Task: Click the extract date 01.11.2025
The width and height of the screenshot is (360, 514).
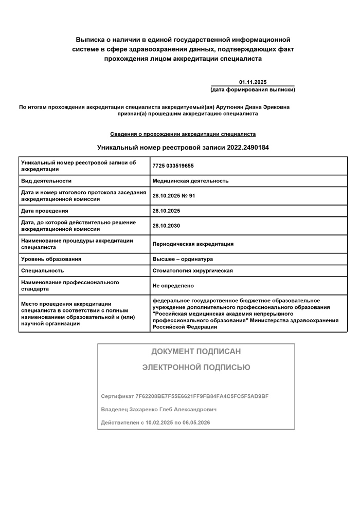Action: click(253, 82)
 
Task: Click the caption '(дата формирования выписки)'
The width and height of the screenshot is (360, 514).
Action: click(253, 89)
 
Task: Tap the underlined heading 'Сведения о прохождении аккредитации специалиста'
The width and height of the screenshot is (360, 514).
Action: click(183, 134)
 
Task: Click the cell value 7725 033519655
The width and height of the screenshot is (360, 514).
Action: click(173, 166)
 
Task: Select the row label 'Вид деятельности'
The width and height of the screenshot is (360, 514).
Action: click(46, 181)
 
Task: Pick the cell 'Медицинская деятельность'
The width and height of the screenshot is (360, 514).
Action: click(190, 181)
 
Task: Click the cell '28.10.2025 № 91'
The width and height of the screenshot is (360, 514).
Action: click(174, 196)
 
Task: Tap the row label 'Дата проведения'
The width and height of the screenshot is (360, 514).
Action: click(45, 211)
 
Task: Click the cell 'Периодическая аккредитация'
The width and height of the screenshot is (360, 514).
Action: click(193, 244)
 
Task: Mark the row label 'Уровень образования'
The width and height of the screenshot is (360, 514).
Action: click(51, 259)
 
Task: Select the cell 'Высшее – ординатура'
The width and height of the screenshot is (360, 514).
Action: click(183, 259)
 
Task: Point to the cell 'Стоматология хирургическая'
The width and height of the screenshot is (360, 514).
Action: click(193, 270)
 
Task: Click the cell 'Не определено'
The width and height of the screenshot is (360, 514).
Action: click(173, 286)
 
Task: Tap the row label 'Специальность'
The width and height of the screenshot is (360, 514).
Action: click(43, 270)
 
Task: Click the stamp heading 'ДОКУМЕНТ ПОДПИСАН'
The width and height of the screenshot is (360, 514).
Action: click(196, 352)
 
